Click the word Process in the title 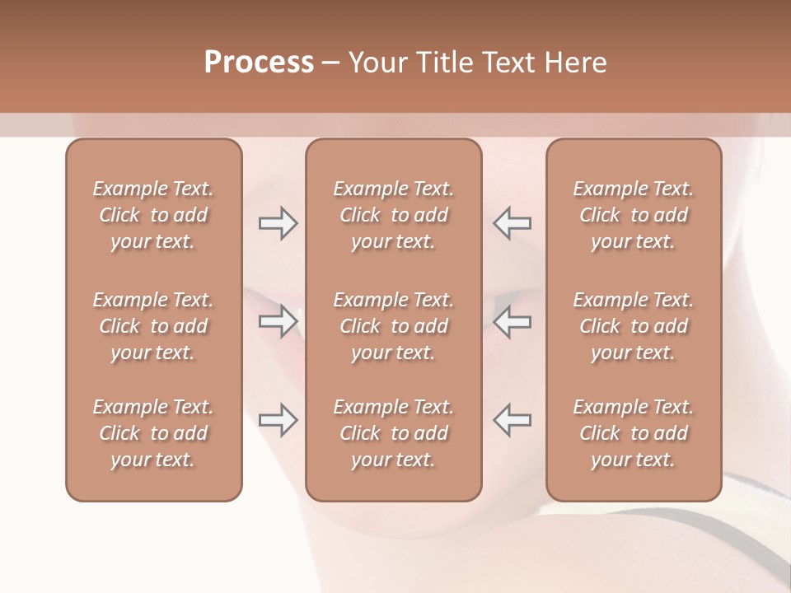pyautogui.click(x=259, y=63)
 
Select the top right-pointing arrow pyautogui.click(x=278, y=223)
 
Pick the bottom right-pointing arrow pyautogui.click(x=278, y=420)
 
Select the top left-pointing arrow pyautogui.click(x=513, y=223)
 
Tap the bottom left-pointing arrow pyautogui.click(x=513, y=420)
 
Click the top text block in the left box pyautogui.click(x=153, y=215)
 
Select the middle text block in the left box pyautogui.click(x=153, y=326)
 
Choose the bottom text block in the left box pyautogui.click(x=153, y=433)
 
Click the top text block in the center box pyautogui.click(x=393, y=215)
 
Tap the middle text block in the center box pyautogui.click(x=393, y=326)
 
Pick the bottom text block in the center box pyautogui.click(x=393, y=433)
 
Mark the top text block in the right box pyautogui.click(x=634, y=215)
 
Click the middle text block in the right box pyautogui.click(x=634, y=326)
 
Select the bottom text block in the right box pyautogui.click(x=634, y=433)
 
